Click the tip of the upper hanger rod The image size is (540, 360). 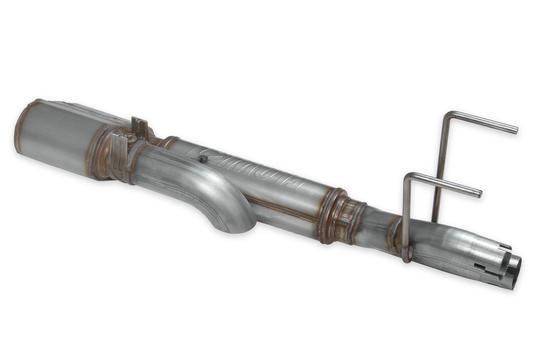click(516, 130)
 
